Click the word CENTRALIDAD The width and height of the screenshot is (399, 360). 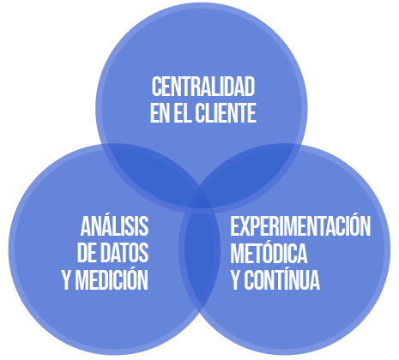point(203,87)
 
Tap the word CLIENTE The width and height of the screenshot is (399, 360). point(226,113)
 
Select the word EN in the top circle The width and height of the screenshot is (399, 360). point(160,113)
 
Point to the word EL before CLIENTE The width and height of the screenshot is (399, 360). point(183,113)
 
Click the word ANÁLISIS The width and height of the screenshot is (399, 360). point(114,225)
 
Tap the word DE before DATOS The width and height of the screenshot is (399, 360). point(87,252)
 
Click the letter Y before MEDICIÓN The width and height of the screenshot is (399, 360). point(67,280)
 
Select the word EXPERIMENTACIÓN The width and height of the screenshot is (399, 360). point(300,225)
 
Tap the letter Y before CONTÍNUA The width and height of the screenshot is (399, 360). point(235,280)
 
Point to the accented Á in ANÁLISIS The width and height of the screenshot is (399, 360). point(102,225)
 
